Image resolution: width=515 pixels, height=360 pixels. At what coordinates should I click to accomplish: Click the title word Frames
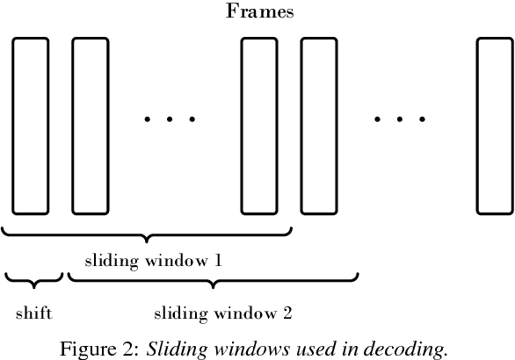pos(259,11)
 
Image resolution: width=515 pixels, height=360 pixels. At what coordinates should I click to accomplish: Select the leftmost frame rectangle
pos(30,125)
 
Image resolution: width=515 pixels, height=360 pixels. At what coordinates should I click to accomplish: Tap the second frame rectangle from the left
pos(90,125)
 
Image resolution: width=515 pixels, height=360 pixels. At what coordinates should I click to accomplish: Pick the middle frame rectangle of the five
pos(258,125)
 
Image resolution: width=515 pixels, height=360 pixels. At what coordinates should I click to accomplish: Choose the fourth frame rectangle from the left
pos(319,125)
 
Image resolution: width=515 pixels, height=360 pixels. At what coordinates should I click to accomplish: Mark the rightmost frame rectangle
pos(495,125)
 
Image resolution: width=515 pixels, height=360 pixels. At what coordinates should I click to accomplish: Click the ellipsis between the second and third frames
pos(170,118)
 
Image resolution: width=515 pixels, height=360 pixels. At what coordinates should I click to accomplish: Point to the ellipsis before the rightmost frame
pos(400,118)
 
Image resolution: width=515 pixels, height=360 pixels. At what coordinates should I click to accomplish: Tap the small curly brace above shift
pos(33,280)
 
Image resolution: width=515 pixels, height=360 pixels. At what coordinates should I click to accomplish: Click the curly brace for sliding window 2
pos(213,280)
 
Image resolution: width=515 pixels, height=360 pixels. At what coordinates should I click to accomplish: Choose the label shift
pos(33,313)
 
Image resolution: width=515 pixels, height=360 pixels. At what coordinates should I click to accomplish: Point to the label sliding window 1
pos(153,261)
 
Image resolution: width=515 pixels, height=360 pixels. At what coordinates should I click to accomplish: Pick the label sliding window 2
pos(222,313)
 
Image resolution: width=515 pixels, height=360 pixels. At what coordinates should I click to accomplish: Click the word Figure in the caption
pos(89,348)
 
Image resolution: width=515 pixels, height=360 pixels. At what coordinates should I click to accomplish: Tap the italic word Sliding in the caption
pos(170,348)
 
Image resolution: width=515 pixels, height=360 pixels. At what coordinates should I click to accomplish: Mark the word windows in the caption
pos(236,348)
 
